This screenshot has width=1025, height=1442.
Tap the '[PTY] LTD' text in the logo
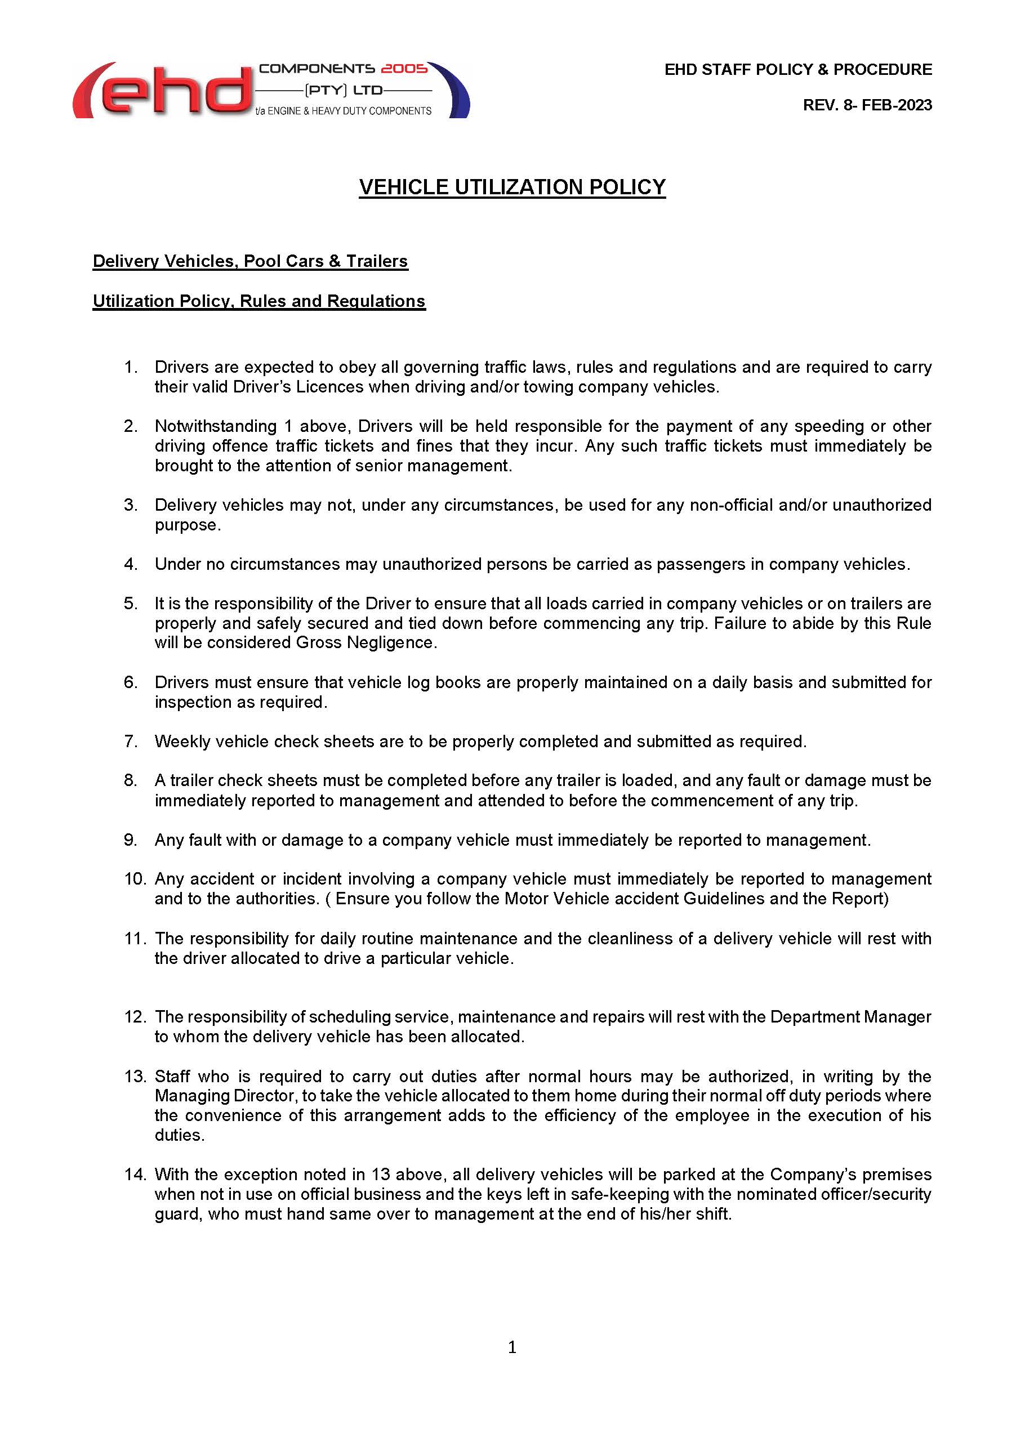click(x=344, y=90)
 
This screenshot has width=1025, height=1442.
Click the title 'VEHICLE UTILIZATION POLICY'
click(x=512, y=187)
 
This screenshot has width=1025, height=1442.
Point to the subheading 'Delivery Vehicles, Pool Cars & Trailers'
click(x=250, y=261)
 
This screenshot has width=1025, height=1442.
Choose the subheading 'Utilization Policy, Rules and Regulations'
click(x=259, y=301)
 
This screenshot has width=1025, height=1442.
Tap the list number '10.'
click(x=135, y=878)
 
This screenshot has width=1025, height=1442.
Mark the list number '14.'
click(x=135, y=1174)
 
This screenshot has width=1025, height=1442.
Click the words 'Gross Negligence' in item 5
click(x=366, y=642)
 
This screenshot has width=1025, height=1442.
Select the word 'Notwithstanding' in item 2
click(x=216, y=426)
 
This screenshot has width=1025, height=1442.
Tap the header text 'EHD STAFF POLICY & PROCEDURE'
click(x=798, y=69)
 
